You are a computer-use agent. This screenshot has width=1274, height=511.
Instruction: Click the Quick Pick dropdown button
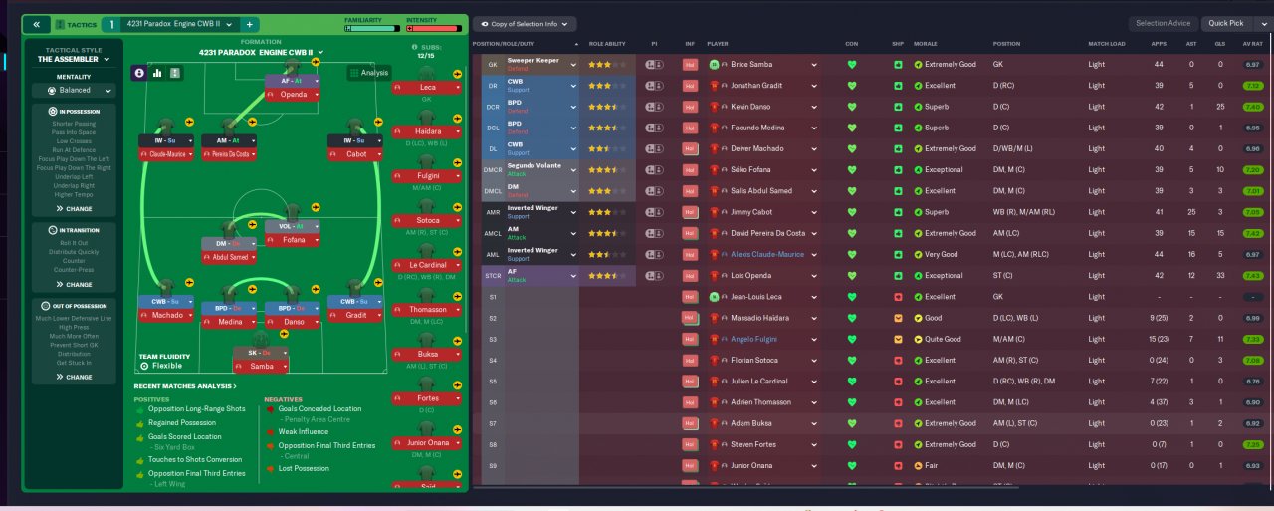tap(1234, 23)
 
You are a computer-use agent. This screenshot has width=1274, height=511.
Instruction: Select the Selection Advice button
tap(1163, 23)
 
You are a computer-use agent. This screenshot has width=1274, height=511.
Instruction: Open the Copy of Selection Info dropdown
tap(525, 23)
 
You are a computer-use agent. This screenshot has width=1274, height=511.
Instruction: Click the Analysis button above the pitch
tap(368, 72)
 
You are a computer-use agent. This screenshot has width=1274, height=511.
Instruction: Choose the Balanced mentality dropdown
tap(75, 90)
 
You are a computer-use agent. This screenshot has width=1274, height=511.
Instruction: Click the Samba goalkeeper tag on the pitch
tap(260, 367)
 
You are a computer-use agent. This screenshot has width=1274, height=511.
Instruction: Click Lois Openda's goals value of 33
tap(1219, 275)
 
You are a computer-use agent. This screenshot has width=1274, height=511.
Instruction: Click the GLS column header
tap(1219, 44)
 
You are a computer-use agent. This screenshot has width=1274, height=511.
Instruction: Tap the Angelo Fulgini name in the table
tap(753, 339)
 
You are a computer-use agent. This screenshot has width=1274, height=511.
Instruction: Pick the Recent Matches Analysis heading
tap(185, 385)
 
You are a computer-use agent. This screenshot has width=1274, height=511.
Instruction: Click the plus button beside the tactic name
tap(249, 24)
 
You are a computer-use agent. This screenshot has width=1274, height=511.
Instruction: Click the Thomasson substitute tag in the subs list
tap(428, 310)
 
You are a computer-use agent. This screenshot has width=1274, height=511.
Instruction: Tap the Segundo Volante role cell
tap(537, 169)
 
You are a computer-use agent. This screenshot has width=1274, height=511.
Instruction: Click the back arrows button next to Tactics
tap(36, 24)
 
